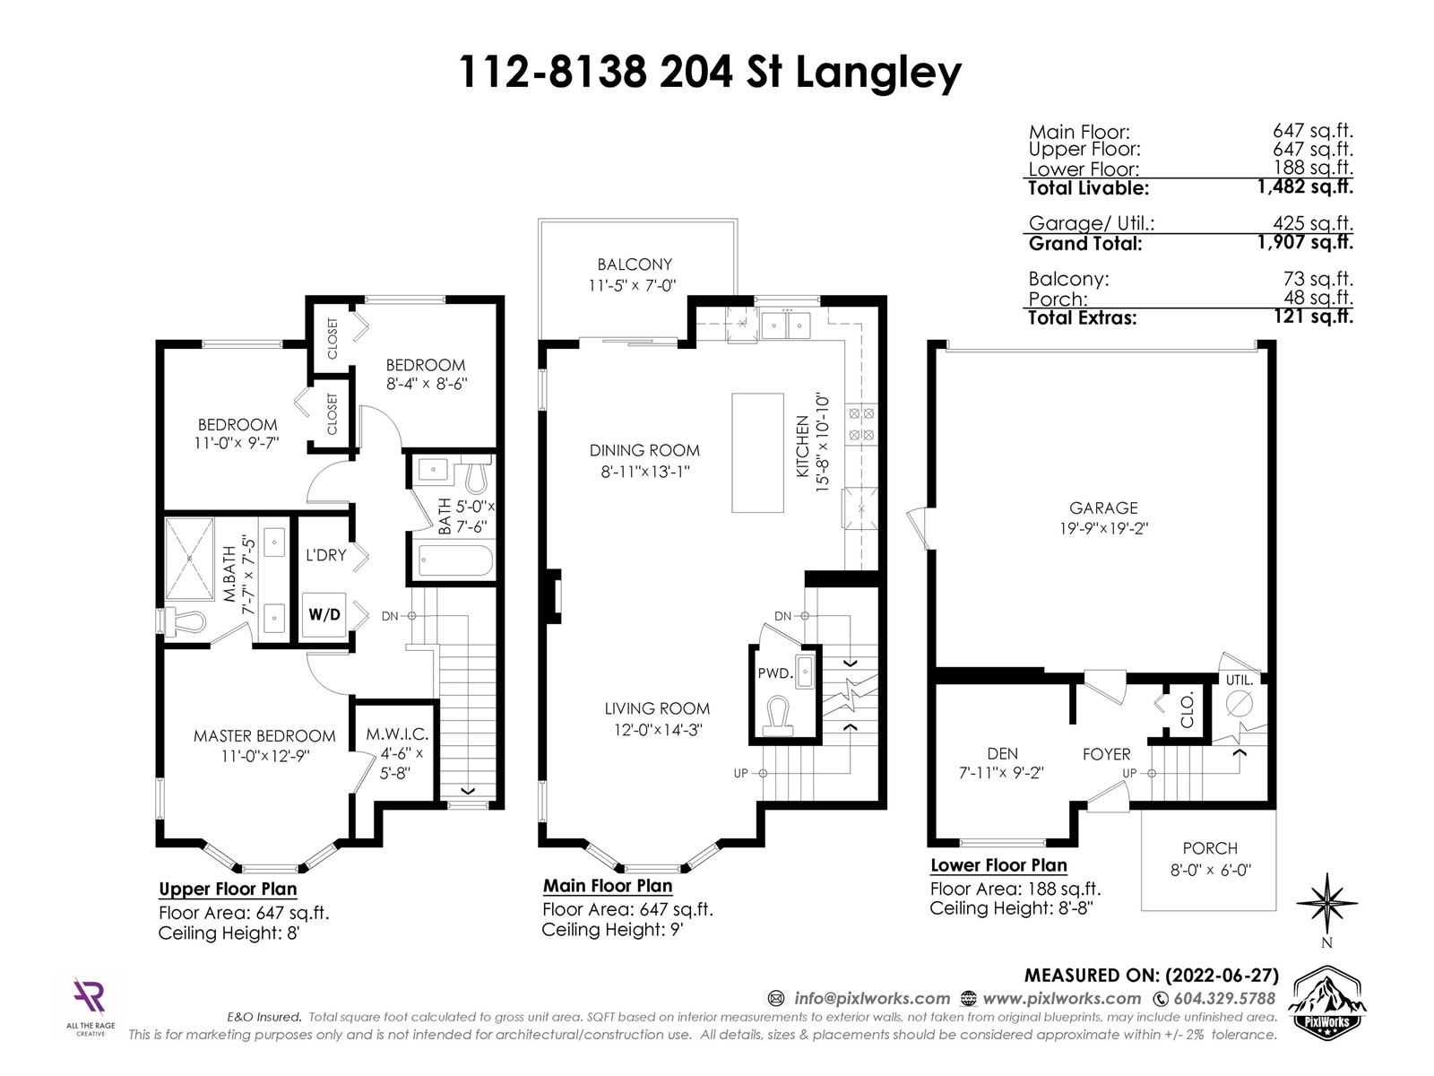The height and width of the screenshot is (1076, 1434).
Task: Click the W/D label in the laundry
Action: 324,615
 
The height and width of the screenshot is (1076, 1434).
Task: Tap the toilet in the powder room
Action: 778,715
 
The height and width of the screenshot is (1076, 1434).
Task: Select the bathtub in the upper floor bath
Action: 455,561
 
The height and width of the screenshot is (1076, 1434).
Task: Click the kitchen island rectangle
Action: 757,453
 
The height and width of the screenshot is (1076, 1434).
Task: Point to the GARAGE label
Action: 1102,508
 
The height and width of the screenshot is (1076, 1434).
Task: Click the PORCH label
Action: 1210,848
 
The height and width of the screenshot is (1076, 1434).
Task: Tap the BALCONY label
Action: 635,265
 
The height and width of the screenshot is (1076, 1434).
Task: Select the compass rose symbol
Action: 1326,903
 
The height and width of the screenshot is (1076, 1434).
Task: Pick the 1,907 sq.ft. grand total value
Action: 1305,242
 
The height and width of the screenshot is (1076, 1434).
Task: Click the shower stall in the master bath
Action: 189,559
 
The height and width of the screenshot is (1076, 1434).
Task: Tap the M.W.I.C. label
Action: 397,733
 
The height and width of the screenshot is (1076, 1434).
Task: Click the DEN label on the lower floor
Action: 1002,753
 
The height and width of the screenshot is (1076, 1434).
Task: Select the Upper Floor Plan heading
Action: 228,889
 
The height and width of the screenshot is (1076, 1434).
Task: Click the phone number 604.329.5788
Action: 1224,998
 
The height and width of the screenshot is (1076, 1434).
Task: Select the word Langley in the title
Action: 878,74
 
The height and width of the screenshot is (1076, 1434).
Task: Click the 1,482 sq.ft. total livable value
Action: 1305,187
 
